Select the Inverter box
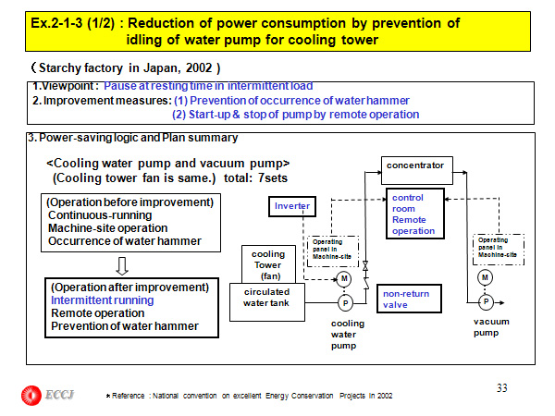coord(290,205)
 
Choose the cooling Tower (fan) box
coord(269,263)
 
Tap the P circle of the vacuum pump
coord(487,302)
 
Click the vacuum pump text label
coord(486,328)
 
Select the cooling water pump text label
coord(350,335)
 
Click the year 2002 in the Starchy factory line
coord(199,67)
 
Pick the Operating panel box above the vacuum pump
coord(493,247)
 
